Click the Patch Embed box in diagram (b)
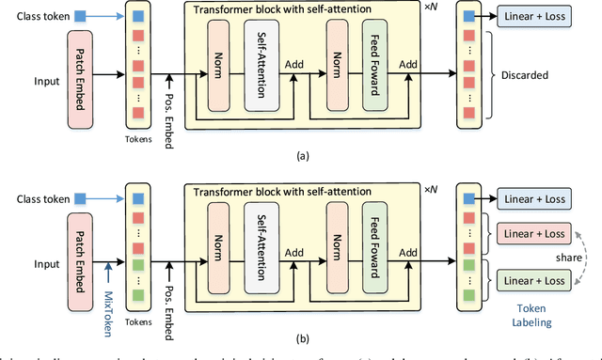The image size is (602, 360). pyautogui.click(x=82, y=255)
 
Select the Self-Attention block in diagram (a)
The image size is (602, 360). pyautogui.click(x=261, y=73)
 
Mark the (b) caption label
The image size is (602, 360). pyautogui.click(x=301, y=336)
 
